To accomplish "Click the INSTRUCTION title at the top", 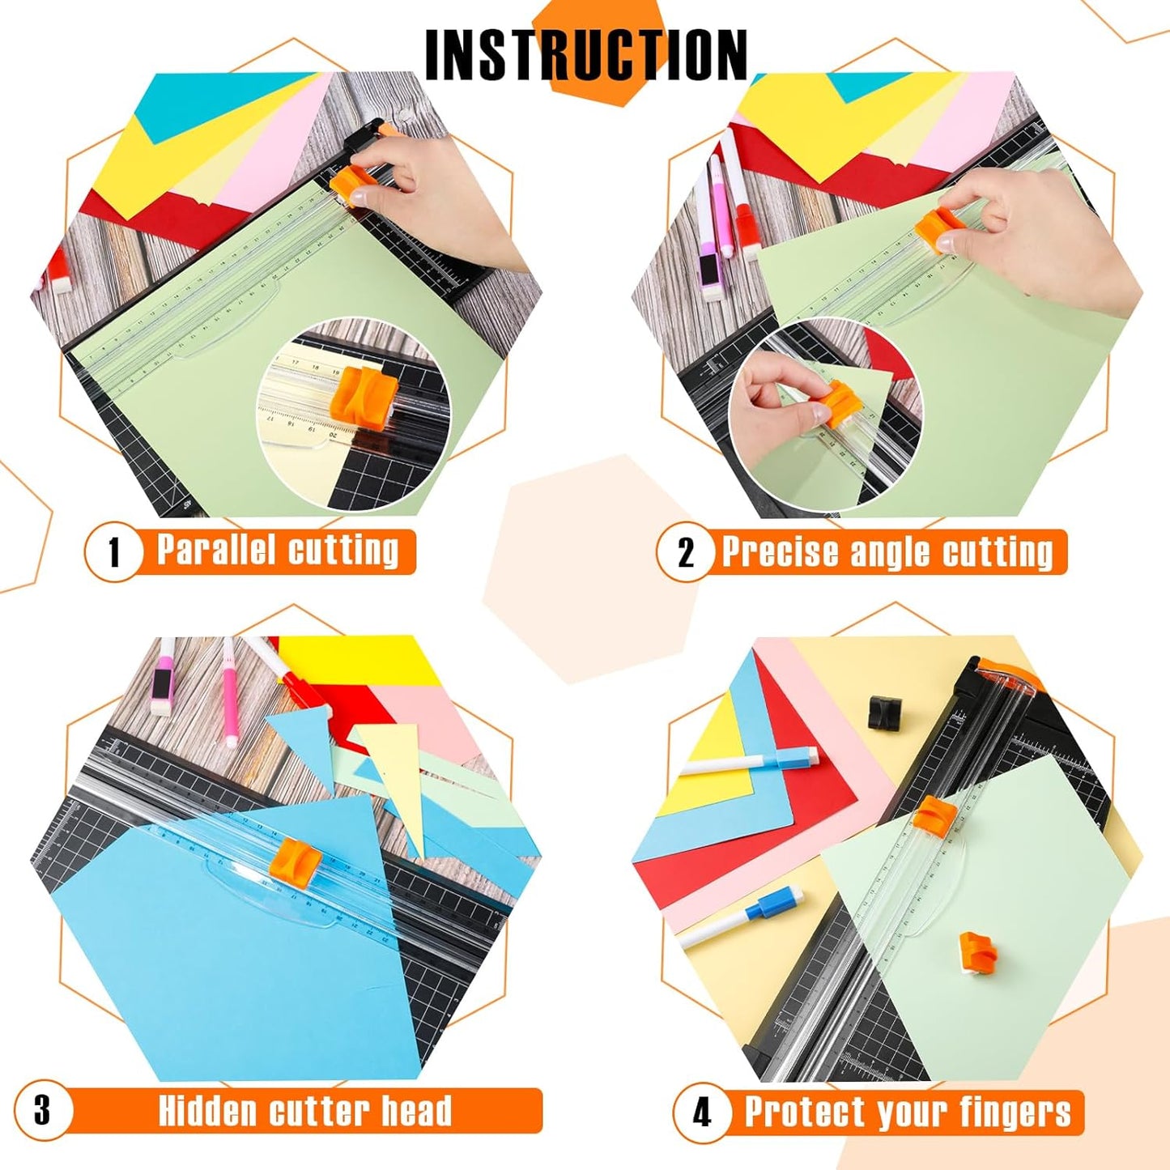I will point(585,54).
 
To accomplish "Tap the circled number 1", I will point(114,552).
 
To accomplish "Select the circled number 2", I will point(686,553).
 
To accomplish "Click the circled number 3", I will point(43,1109).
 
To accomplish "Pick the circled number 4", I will point(701,1112).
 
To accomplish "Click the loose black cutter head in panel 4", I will point(887,710).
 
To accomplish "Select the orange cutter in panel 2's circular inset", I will point(840,402).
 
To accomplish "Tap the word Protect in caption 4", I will point(805,1112).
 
